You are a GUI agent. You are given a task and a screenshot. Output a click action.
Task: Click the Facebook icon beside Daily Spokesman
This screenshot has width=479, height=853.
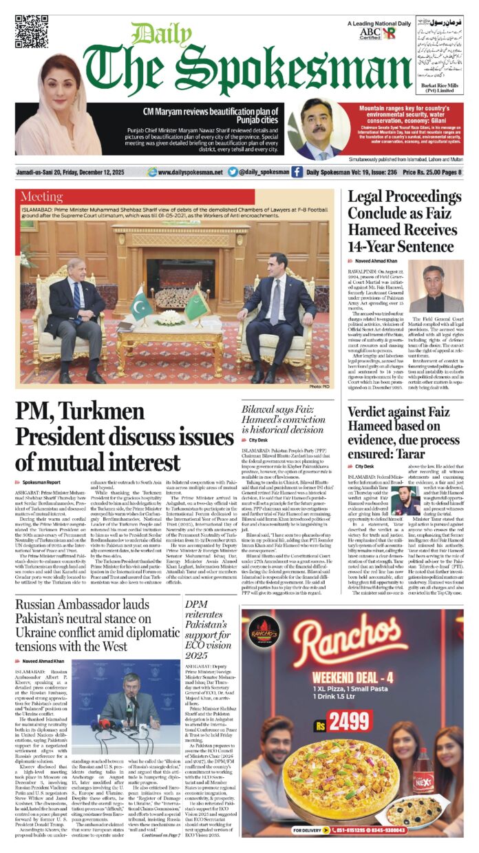297,172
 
